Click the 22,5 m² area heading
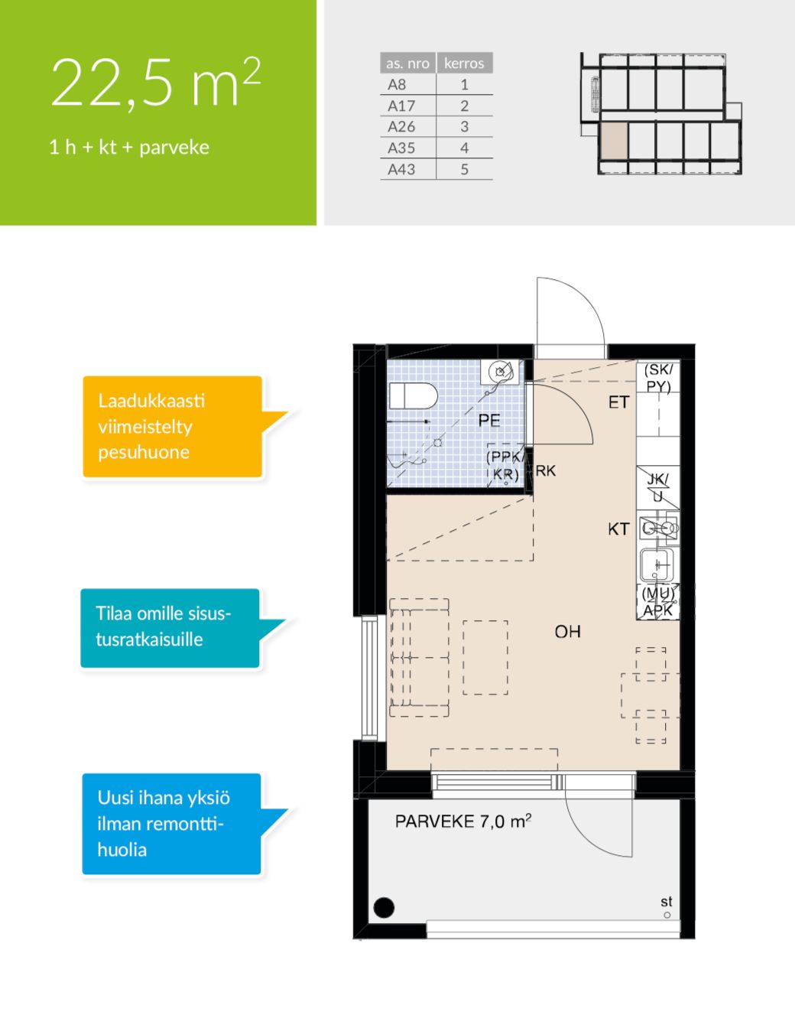tap(155, 83)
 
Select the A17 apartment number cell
tap(401, 106)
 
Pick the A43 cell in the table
tap(401, 169)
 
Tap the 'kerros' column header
tap(464, 63)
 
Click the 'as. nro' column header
tap(408, 63)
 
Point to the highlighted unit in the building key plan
tap(614, 141)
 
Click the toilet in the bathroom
tap(413, 395)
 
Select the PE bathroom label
tap(488, 420)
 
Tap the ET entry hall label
tap(618, 402)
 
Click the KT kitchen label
tap(618, 529)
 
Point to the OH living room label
tap(567, 631)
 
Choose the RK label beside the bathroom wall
tap(546, 470)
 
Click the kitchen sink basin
tap(656, 564)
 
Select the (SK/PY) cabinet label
tap(659, 378)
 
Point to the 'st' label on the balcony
tap(667, 902)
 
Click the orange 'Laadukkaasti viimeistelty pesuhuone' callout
tap(173, 426)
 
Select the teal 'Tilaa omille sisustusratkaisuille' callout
tap(170, 628)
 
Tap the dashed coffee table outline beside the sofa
tap(485, 658)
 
